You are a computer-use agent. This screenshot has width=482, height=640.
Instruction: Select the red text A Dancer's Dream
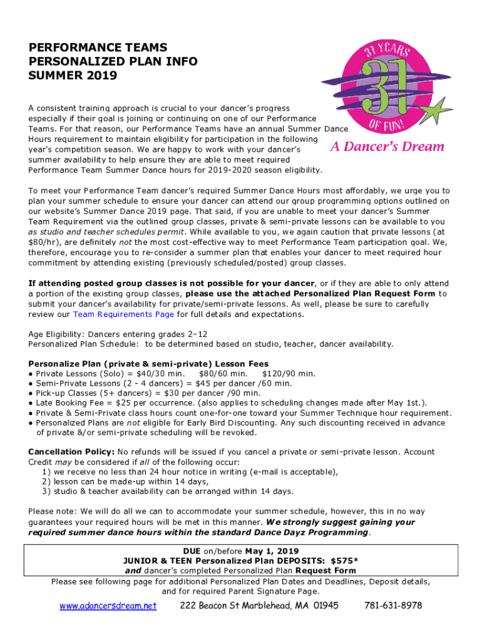click(387, 147)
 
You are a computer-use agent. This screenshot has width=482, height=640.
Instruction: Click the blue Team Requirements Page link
click(123, 314)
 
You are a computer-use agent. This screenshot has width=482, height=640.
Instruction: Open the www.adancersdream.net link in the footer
click(108, 606)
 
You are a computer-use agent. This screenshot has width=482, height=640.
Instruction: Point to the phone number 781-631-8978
click(392, 606)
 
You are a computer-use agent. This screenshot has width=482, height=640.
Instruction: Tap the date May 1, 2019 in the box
click(272, 551)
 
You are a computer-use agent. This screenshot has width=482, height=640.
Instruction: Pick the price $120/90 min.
click(289, 374)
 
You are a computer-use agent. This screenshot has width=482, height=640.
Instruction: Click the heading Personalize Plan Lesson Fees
click(148, 364)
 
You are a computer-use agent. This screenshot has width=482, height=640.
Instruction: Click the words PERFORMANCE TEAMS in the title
click(98, 47)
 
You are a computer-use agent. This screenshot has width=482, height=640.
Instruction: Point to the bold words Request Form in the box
click(326, 570)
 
